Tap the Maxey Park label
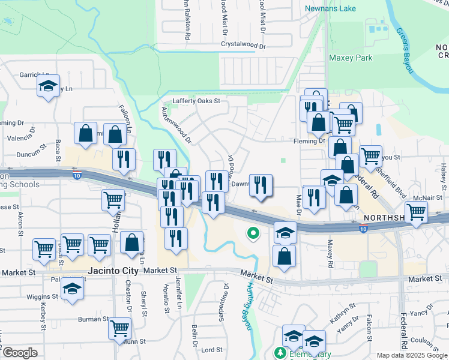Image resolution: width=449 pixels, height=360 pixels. (351, 58)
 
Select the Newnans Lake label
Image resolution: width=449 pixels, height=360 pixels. (330, 8)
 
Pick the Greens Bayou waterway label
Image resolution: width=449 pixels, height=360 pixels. (405, 51)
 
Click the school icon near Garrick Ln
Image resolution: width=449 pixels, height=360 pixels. (48, 86)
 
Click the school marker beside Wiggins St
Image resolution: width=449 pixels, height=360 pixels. (73, 289)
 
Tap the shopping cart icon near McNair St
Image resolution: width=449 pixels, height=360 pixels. (416, 211)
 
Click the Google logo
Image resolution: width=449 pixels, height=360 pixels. (20, 353)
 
